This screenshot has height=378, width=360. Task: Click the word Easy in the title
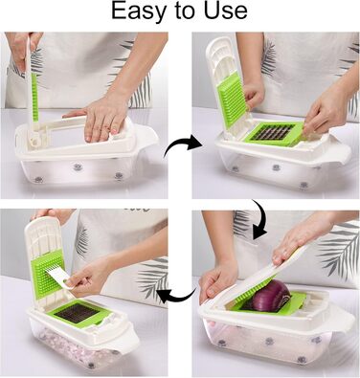pyautogui.click(x=139, y=12)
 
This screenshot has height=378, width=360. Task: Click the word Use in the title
pyautogui.click(x=225, y=11)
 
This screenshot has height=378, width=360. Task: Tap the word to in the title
pyautogui.click(x=185, y=11)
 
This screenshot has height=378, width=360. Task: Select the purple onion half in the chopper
pyautogui.click(x=271, y=296)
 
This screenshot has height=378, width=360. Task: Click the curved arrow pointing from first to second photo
pyautogui.click(x=181, y=146)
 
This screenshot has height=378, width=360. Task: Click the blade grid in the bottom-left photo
pyautogui.click(x=78, y=312)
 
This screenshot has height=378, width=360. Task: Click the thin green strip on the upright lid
pyautogui.click(x=34, y=97)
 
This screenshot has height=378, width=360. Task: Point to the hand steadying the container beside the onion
pyautogui.click(x=217, y=280)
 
